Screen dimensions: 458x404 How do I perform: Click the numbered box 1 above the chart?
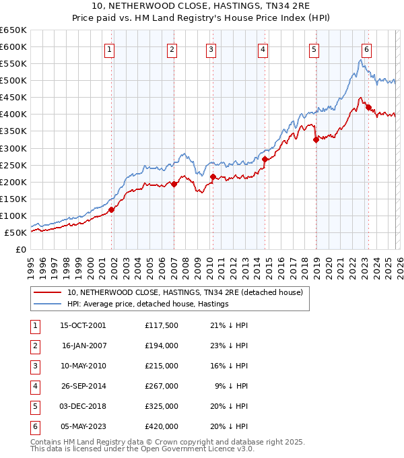109,48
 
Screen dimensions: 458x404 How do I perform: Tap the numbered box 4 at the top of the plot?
263,48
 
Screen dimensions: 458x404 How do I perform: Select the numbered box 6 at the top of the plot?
366,48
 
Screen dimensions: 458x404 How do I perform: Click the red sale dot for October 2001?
112,209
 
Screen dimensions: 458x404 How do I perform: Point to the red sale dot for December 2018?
316,140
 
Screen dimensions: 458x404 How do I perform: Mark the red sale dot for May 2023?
368,107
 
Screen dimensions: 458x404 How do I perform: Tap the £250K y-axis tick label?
13,165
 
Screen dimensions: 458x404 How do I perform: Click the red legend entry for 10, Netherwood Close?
185,292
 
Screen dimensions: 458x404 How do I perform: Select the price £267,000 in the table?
162,387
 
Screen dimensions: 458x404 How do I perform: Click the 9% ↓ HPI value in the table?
234,387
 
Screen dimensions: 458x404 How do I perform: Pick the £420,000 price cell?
162,427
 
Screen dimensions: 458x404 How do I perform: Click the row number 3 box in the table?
34,366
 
